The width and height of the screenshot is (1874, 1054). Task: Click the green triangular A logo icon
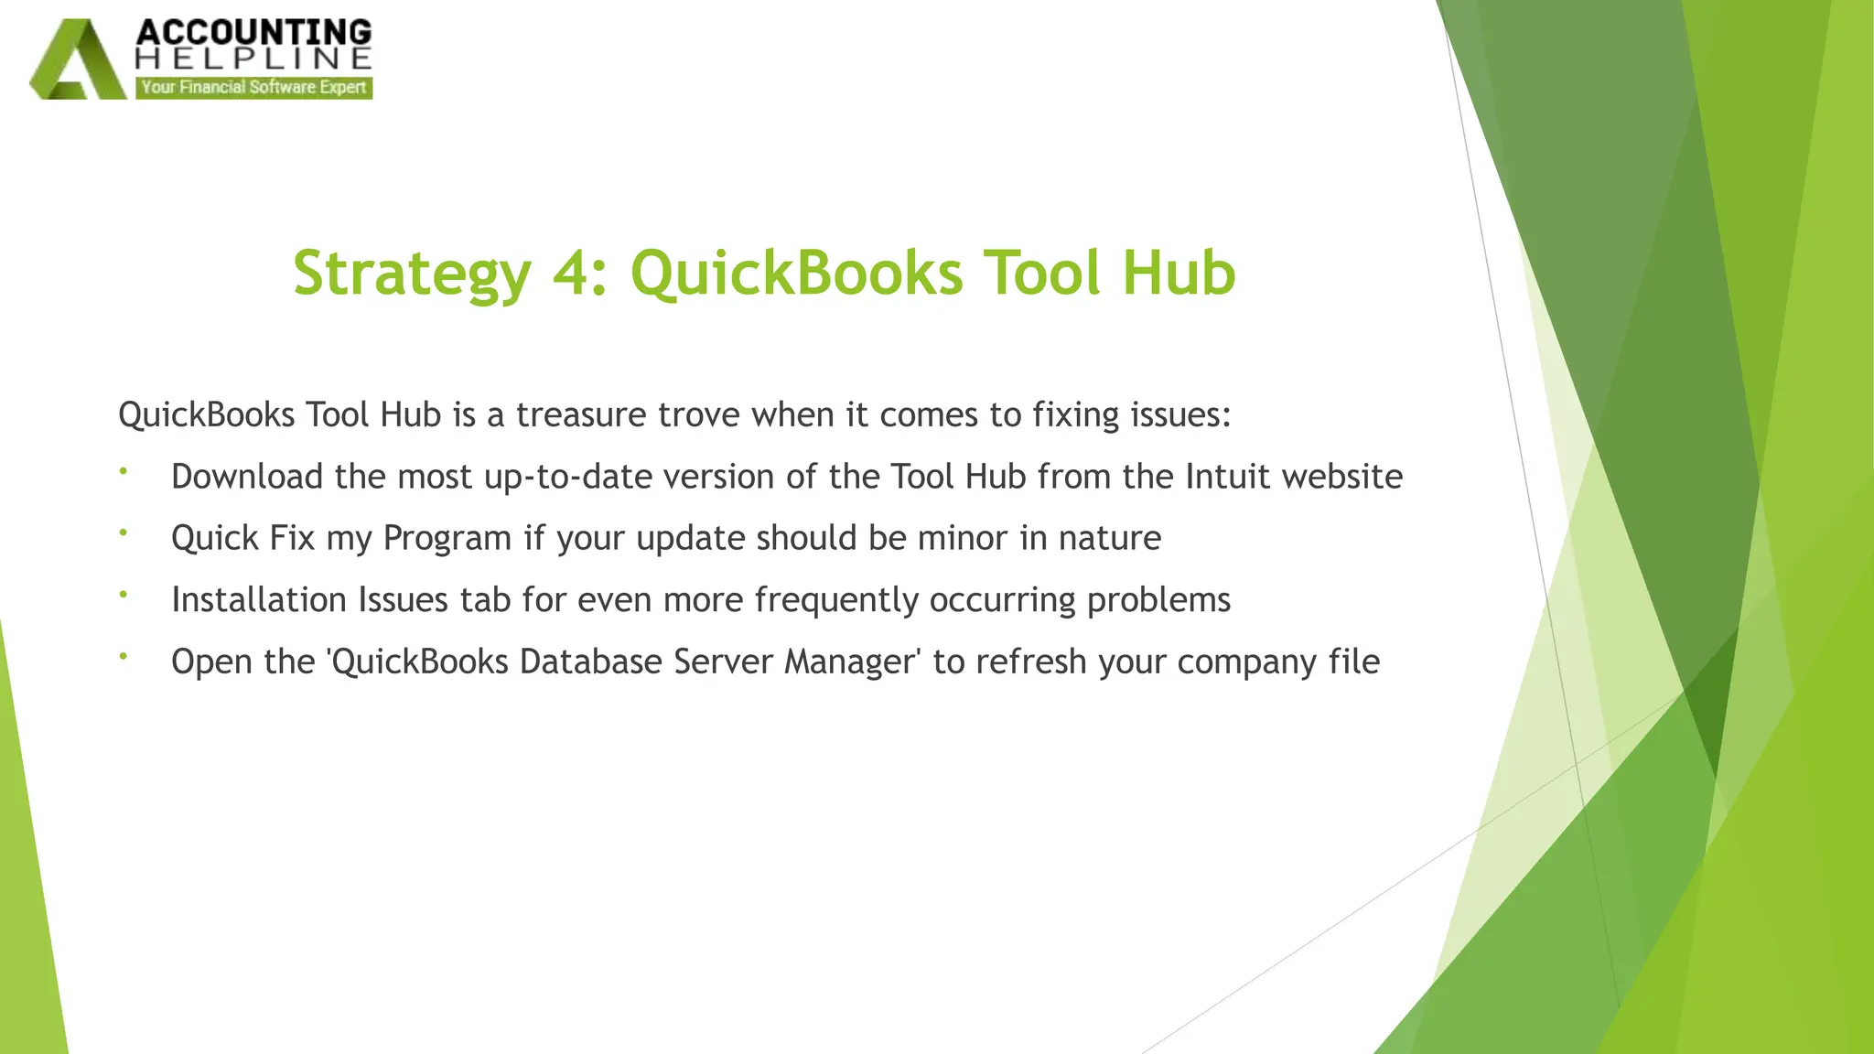click(77, 62)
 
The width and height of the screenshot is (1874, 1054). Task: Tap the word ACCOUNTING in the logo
click(253, 33)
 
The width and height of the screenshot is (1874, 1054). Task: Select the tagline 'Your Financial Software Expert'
click(253, 88)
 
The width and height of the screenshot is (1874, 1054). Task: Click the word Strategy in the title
click(412, 274)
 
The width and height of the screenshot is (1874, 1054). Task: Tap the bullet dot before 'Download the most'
click(123, 471)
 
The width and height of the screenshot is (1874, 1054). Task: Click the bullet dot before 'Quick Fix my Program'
click(123, 532)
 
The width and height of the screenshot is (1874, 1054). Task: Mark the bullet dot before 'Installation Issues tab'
click(123, 595)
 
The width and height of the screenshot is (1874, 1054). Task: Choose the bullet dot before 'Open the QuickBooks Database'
click(123, 656)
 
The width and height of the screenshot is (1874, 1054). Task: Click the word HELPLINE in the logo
click(253, 59)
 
